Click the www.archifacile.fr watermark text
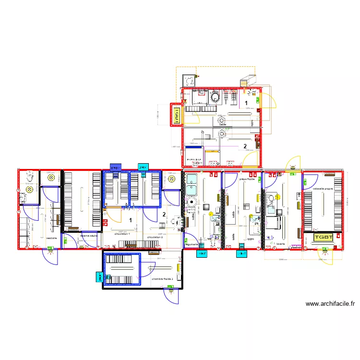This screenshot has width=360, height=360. [x=330, y=304]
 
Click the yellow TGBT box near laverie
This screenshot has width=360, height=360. [x=323, y=237]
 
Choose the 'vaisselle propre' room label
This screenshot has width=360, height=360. [x=323, y=189]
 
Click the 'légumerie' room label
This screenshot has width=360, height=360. [x=192, y=245]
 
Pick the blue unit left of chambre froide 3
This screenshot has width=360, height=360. [x=100, y=277]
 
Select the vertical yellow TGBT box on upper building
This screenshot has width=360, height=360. [x=177, y=116]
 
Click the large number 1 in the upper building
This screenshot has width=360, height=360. [x=246, y=103]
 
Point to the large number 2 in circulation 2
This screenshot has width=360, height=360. [x=164, y=215]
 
